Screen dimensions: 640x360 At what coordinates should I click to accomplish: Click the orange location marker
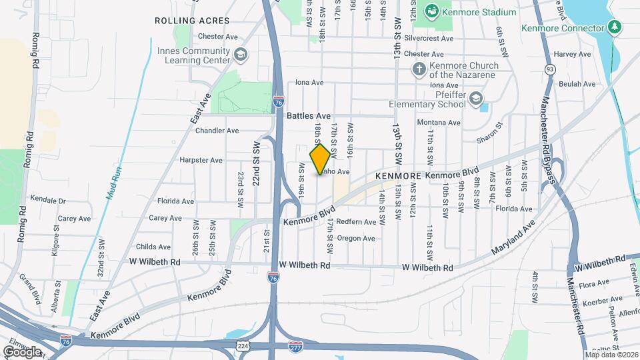pos(320,159)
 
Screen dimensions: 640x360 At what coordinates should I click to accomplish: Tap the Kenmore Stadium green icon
pos(432,11)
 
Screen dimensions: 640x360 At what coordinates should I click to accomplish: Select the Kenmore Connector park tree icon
pos(615,28)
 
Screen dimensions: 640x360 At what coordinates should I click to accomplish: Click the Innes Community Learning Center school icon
pos(240,55)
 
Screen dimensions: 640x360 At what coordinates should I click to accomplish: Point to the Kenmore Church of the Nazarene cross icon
pos(418,69)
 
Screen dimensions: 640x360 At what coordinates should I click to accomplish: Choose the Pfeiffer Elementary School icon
pos(475,99)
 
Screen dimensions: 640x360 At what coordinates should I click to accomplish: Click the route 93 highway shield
pos(549,69)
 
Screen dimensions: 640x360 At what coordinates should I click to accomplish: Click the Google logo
pos(22,351)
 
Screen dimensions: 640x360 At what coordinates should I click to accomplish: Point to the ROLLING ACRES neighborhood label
pos(192,21)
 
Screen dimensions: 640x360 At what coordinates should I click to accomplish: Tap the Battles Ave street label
pos(309,115)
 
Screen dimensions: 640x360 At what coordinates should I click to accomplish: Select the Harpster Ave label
pos(201,160)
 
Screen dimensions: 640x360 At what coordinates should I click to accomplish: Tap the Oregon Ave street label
pos(357,239)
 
